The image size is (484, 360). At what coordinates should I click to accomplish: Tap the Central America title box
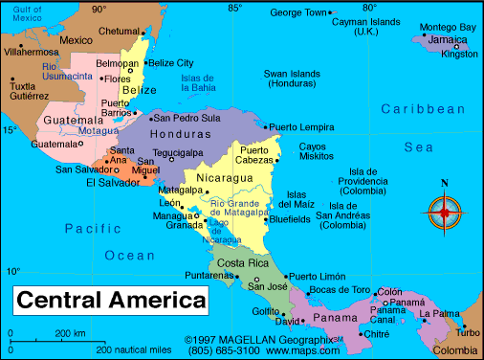tap(111, 300)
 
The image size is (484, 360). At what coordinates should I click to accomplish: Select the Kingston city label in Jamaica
tap(458, 55)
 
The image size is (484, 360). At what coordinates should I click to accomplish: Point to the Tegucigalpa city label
tap(181, 151)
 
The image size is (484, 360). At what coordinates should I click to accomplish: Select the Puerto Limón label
tap(319, 276)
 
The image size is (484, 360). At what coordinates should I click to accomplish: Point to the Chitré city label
tap(377, 333)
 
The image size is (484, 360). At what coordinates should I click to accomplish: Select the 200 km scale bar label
tap(70, 332)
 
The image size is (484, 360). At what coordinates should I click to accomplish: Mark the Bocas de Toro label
tap(339, 289)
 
